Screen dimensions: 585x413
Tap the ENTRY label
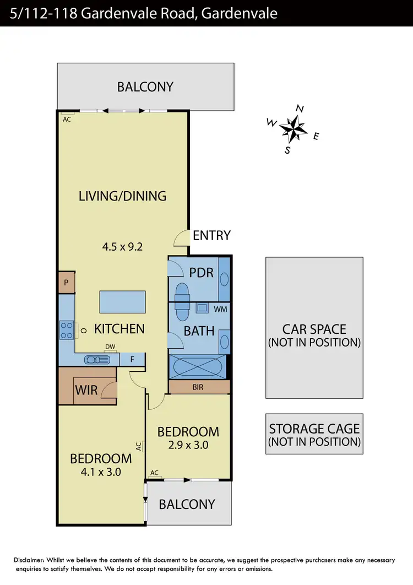click(211, 236)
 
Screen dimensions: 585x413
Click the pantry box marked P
click(67, 282)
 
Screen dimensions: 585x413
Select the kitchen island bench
click(118, 301)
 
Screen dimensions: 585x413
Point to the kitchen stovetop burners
click(67, 329)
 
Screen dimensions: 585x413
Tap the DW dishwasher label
click(110, 347)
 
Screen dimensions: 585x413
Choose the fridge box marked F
click(132, 359)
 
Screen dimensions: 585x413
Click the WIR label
click(86, 391)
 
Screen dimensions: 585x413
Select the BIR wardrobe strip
click(198, 387)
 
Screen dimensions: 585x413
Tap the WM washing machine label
click(220, 310)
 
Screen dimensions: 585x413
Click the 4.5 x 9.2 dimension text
click(122, 247)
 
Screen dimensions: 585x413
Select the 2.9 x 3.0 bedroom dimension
click(188, 445)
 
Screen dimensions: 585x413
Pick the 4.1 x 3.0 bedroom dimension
click(100, 472)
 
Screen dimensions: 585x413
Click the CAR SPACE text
click(314, 329)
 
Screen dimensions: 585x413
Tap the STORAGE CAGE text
click(314, 429)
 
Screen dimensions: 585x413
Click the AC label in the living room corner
click(67, 119)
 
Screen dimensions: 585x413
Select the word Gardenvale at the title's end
click(240, 13)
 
